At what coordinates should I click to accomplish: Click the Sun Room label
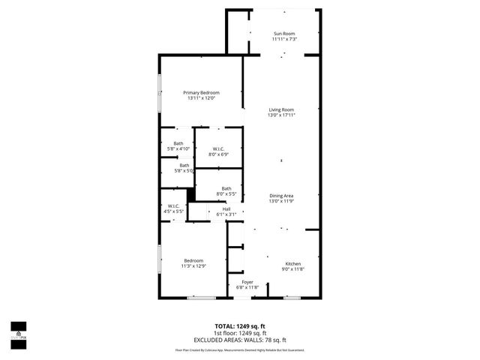(x=284, y=34)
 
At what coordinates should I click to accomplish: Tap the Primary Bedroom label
(x=201, y=92)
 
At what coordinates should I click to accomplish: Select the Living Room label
(x=281, y=110)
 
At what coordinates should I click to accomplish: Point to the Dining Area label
(x=281, y=196)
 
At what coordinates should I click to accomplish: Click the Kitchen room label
(x=292, y=264)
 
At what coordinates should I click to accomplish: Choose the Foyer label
(x=247, y=282)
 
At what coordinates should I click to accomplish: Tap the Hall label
(x=226, y=208)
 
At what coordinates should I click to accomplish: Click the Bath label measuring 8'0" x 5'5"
(x=226, y=189)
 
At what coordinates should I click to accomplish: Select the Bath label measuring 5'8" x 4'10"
(x=178, y=143)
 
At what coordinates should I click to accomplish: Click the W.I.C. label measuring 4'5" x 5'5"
(x=173, y=206)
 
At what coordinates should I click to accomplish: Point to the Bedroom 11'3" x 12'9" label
(x=193, y=260)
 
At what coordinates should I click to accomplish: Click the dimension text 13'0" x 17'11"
(x=281, y=115)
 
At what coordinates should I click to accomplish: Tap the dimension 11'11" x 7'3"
(x=284, y=39)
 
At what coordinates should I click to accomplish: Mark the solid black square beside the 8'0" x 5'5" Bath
(x=190, y=194)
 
